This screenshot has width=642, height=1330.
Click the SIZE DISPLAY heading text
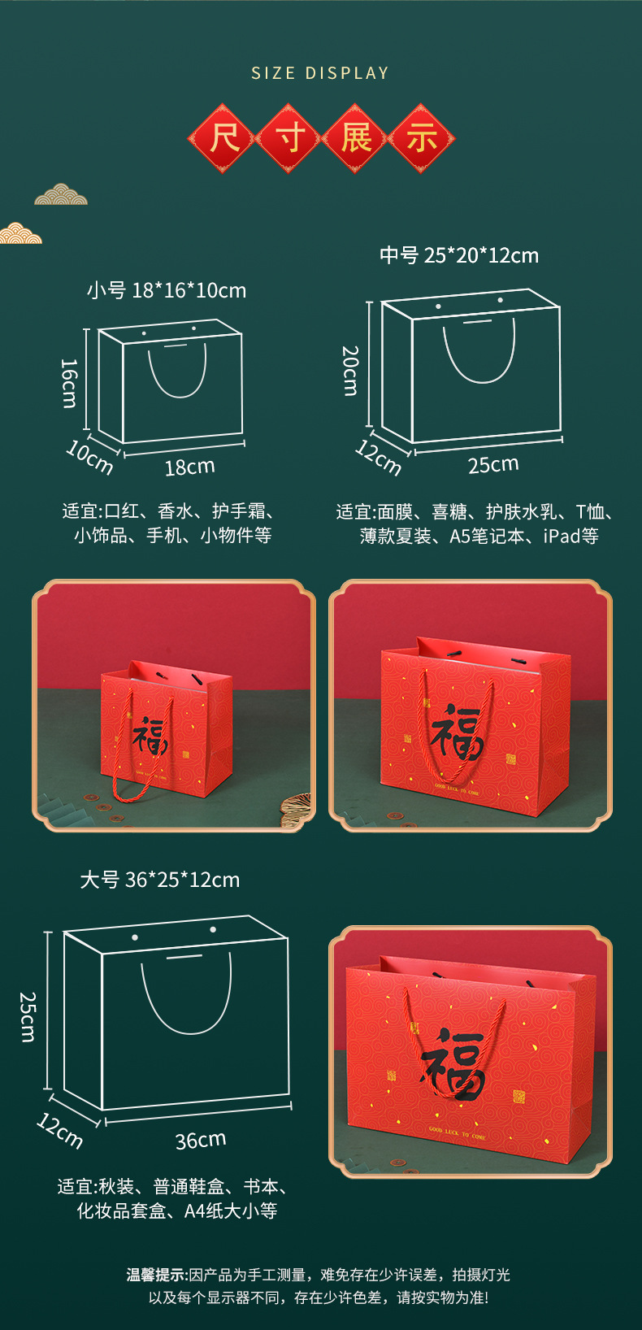320,73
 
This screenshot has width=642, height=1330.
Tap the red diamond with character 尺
223,137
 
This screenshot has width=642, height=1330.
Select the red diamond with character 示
421,137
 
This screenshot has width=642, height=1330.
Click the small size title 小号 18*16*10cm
167,290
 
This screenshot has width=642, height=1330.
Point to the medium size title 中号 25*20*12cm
459,255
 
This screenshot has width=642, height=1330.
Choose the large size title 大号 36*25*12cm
160,880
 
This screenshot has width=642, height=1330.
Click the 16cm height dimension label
70,383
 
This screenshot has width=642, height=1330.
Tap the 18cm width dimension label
189,467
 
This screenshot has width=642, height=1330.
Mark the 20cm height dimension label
350,370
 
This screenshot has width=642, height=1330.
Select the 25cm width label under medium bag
492,464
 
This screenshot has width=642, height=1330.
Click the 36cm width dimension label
201,1140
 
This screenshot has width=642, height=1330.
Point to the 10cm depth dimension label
89,457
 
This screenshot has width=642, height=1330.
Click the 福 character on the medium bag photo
457,730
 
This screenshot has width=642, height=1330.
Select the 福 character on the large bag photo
453,1061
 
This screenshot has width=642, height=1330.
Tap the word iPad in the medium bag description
562,536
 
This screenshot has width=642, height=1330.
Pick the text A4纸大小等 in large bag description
231,1210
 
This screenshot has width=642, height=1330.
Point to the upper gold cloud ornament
61,194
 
